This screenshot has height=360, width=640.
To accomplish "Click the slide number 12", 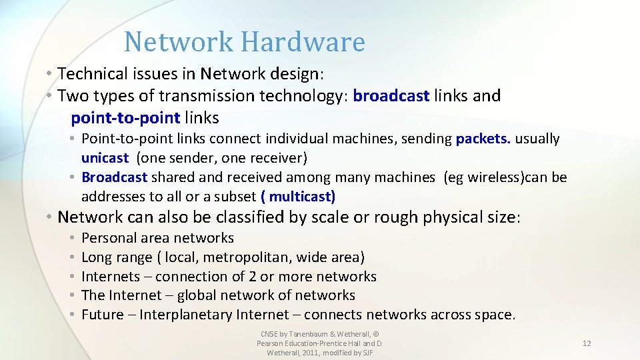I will [x=587, y=343].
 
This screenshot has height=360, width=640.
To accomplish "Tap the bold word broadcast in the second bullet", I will [x=391, y=96].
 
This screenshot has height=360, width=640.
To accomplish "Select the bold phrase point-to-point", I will [x=125, y=118].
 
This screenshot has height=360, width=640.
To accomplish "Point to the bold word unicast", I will [x=105, y=158].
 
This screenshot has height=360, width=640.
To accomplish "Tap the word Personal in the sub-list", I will [x=111, y=238].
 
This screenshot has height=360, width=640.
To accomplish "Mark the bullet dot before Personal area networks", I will [x=71, y=238].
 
